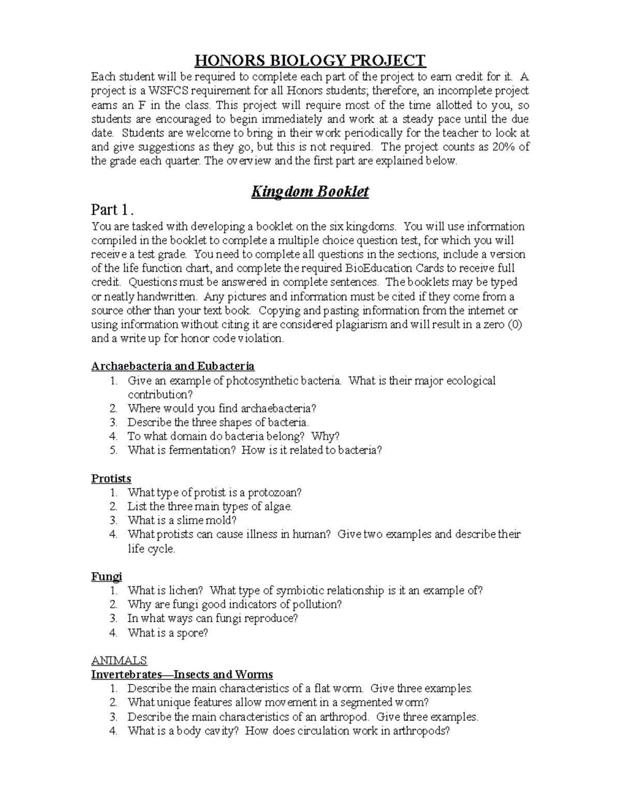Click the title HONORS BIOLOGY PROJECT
coord(309,61)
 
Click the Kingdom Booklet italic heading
coord(309,192)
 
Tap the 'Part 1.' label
coord(113,210)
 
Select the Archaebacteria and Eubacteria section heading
coord(173,367)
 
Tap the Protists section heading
coord(111,479)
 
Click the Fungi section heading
coord(107,577)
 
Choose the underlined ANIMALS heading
coord(119,661)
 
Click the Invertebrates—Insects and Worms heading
coord(182,675)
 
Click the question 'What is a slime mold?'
coord(182,520)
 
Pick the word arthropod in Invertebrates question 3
coord(346,717)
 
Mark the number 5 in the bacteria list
coord(114,450)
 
